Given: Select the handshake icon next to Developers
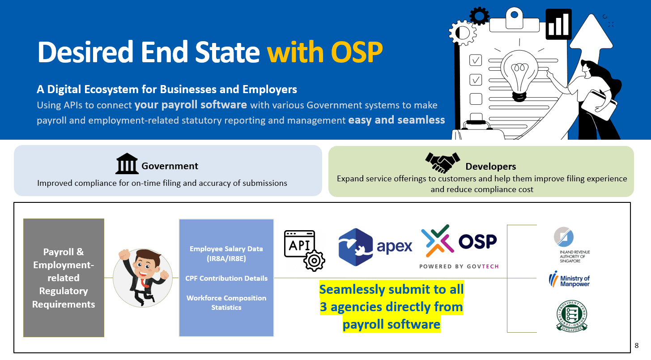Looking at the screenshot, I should [443, 163].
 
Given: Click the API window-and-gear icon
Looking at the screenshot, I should [304, 250].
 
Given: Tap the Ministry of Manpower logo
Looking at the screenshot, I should [569, 279].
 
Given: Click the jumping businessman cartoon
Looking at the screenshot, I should [142, 278].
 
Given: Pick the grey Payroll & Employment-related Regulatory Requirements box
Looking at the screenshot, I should [64, 278].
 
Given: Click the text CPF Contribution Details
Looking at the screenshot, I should [226, 278].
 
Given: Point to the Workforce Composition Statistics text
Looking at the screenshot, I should [226, 303].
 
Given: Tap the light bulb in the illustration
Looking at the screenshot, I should [519, 74].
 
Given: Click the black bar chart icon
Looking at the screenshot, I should [558, 24].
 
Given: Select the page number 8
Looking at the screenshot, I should [636, 345].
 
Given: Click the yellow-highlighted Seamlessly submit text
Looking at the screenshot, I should [391, 307].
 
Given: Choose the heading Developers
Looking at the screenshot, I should [491, 167].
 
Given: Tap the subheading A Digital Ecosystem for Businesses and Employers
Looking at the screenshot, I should [167, 89].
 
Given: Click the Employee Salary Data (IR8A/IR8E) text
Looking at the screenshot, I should [226, 253].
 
